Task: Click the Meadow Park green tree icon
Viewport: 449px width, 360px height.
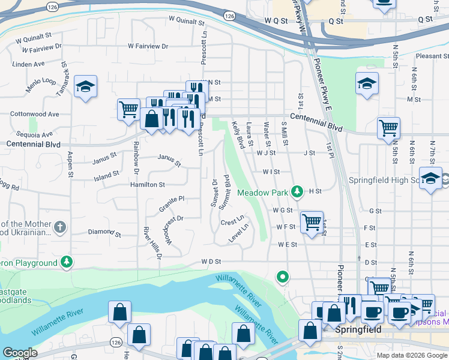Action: [x=296, y=191]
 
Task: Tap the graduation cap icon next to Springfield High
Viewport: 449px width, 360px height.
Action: [x=430, y=178]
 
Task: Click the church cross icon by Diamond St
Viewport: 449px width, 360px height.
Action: [x=59, y=227]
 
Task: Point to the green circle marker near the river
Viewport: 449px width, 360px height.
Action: [x=283, y=277]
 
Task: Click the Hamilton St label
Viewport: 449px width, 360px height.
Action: [x=147, y=185]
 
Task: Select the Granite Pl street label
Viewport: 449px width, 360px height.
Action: [x=171, y=202]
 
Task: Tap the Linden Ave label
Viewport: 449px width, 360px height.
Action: [x=29, y=64]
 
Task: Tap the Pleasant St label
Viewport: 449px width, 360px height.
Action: [x=428, y=56]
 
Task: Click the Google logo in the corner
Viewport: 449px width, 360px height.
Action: [x=20, y=353]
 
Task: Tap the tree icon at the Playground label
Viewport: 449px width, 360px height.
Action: [x=67, y=262]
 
